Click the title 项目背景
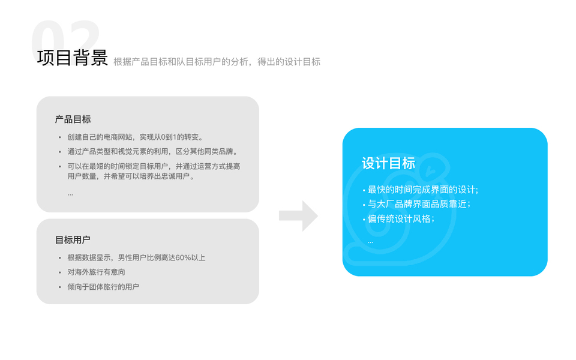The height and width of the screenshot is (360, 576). pos(72,58)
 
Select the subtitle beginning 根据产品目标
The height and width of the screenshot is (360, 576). pos(217,61)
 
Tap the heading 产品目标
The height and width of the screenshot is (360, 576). pos(73,119)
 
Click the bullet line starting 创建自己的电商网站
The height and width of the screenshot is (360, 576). pos(139,137)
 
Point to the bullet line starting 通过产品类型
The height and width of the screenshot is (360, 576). pos(152,152)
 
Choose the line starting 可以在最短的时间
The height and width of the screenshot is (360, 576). pos(154,166)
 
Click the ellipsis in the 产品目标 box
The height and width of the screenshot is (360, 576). pos(70,194)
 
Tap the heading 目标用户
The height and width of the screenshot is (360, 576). pos(73,240)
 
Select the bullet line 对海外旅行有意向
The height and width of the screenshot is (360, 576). pos(96,272)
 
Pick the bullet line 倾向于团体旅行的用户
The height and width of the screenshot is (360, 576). pos(103,287)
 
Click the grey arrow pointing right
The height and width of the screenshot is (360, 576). pos(298,216)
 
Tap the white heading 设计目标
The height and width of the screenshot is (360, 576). pos(388,163)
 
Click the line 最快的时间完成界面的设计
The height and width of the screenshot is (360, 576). pos(422,190)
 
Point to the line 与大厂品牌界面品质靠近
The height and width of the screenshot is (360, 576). pos(419,204)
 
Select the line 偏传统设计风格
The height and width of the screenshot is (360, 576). pos(400,218)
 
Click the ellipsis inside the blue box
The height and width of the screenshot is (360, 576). pos(370,242)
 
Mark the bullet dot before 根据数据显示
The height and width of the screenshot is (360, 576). pos(59,258)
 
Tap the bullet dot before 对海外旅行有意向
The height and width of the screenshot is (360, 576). pos(59,272)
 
